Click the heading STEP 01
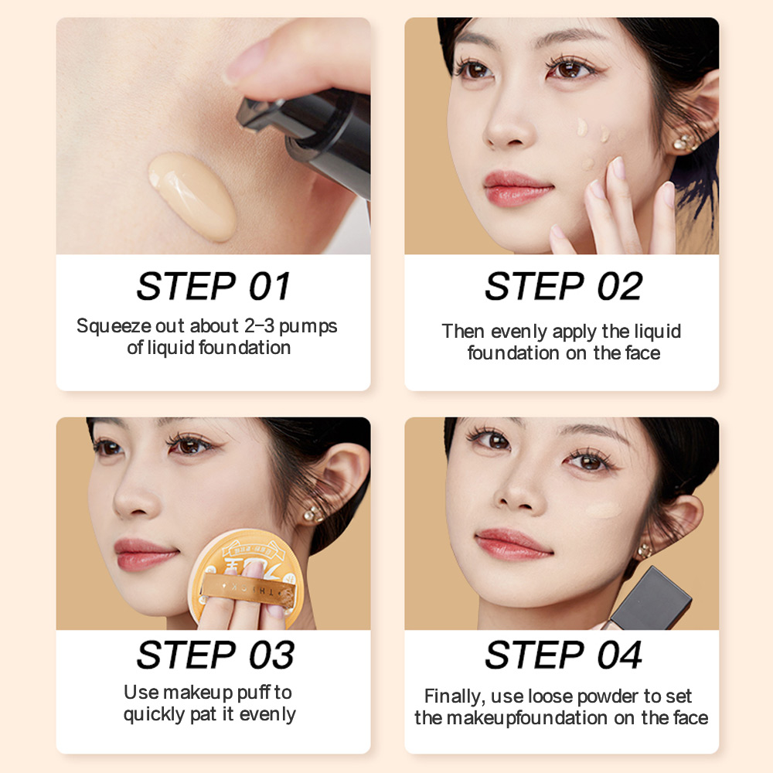(213, 286)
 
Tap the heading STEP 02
(563, 286)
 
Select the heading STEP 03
(215, 656)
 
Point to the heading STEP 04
(563, 656)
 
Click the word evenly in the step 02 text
(518, 332)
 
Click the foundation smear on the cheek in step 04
(604, 510)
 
